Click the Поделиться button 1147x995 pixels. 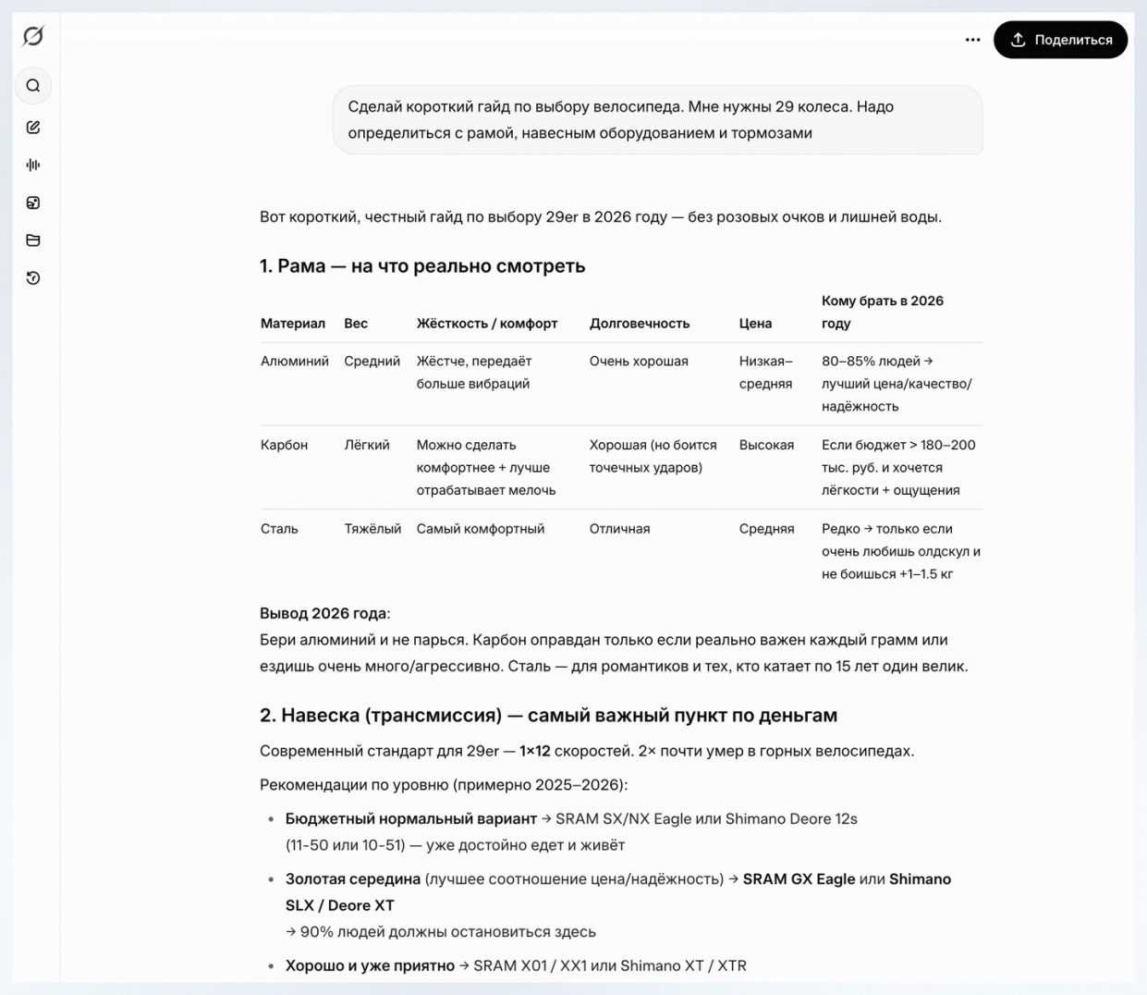point(1060,40)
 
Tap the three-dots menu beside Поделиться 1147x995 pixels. point(972,40)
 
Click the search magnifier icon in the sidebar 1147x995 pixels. point(33,86)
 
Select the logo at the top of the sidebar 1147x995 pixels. point(33,36)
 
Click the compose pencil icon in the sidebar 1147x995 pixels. point(33,128)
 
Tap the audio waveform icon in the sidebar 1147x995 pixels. point(33,165)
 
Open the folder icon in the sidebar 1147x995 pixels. point(33,240)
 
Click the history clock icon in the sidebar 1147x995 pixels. point(33,278)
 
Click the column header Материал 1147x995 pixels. point(293,324)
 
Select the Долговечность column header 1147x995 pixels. point(640,324)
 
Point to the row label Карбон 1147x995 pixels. point(284,445)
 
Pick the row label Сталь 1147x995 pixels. point(279,529)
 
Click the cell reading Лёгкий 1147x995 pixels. point(367,445)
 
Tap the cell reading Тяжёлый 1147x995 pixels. point(372,529)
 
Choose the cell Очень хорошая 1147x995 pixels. point(639,362)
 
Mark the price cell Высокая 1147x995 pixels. point(766,445)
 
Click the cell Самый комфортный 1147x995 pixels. point(481,529)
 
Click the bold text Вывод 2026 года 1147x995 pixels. point(323,613)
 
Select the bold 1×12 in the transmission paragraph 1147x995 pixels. point(534,751)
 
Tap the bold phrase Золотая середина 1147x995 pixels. point(353,878)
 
